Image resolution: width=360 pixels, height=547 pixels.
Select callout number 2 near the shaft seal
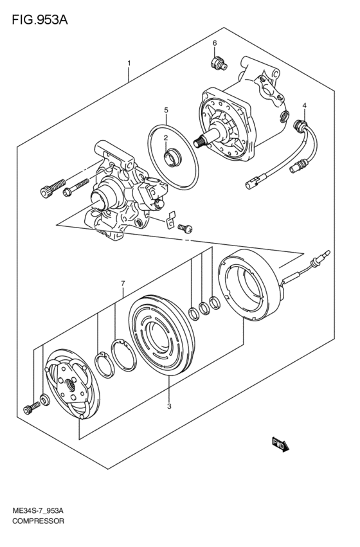[165, 138]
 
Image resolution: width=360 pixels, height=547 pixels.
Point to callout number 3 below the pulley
[169, 406]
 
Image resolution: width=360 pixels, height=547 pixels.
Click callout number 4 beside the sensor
[304, 105]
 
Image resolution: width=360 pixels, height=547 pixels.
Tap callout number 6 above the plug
[215, 43]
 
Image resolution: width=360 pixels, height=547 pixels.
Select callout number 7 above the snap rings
[122, 283]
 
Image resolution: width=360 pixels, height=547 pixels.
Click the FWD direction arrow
[280, 444]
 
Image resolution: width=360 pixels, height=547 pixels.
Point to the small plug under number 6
[218, 62]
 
